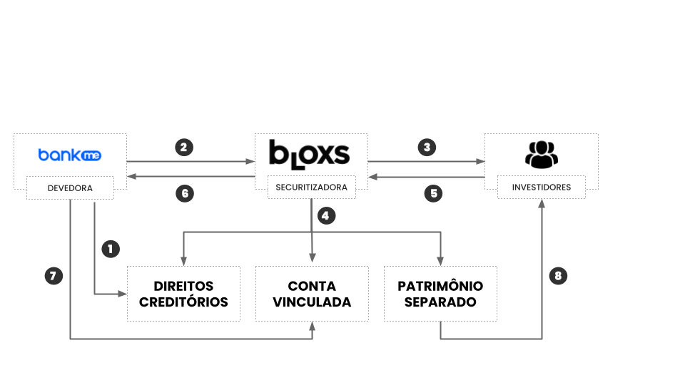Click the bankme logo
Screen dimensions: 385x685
(x=69, y=154)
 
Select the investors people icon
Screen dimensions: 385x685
(x=542, y=155)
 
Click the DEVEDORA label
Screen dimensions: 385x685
(x=70, y=188)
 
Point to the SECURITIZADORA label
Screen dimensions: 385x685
(x=311, y=188)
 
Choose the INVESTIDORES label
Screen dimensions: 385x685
(x=541, y=188)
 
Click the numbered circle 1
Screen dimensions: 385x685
(x=110, y=249)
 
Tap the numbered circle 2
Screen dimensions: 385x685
(x=184, y=148)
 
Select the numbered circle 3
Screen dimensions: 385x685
(x=427, y=148)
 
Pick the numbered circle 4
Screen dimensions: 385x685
(x=326, y=216)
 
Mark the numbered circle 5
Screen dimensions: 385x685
(x=432, y=192)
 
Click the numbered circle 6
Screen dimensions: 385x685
(x=184, y=192)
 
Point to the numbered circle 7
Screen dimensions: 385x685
(x=53, y=275)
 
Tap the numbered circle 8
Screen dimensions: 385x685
(x=558, y=275)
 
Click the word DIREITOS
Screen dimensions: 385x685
(x=183, y=286)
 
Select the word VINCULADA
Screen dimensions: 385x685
(x=312, y=302)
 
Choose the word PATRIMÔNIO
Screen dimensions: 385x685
(x=440, y=286)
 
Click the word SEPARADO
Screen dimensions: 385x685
(x=440, y=302)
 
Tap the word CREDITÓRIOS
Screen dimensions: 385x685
(x=183, y=302)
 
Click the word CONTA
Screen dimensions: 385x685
(x=312, y=286)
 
